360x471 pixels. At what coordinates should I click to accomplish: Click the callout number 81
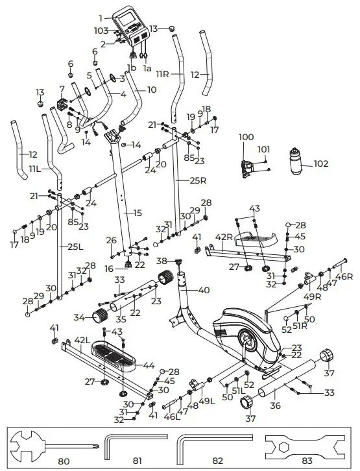137,461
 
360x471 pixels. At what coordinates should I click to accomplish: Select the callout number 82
217,461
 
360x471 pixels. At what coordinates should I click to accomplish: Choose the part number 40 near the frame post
204,290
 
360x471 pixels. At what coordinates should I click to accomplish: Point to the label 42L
82,339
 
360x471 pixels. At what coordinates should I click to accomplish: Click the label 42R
224,237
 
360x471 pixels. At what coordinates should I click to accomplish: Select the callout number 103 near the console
101,30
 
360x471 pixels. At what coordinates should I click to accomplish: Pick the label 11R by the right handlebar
162,75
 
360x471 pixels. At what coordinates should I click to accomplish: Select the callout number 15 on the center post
137,213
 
